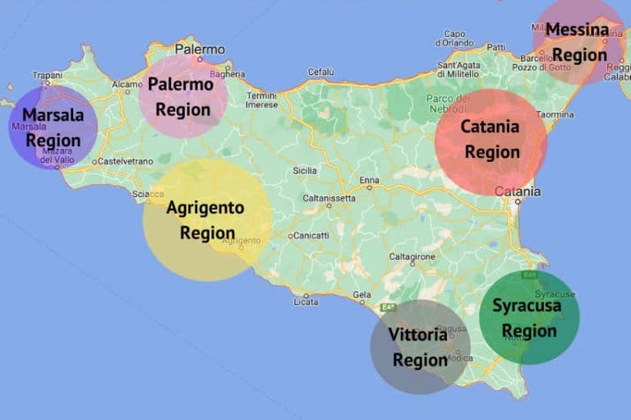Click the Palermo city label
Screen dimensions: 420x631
pos(200,49)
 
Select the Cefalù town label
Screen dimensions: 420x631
pos(320,72)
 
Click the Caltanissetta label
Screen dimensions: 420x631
pos(329,198)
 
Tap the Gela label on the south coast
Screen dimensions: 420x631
pos(362,293)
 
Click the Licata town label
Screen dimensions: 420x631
pos(306,302)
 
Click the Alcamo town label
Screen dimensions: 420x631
pos(127,84)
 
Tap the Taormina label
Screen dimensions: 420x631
pos(555,114)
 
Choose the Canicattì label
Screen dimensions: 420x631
pos(311,236)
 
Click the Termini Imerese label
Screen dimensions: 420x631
pos(262,99)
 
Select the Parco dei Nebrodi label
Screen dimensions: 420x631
pos(448,104)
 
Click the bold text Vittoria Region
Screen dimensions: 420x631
pos(420,347)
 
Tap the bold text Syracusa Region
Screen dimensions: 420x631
pos(528,318)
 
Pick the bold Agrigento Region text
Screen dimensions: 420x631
pos(205,220)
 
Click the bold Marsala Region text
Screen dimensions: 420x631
pos(53,127)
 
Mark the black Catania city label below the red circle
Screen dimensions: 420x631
pos(518,192)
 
